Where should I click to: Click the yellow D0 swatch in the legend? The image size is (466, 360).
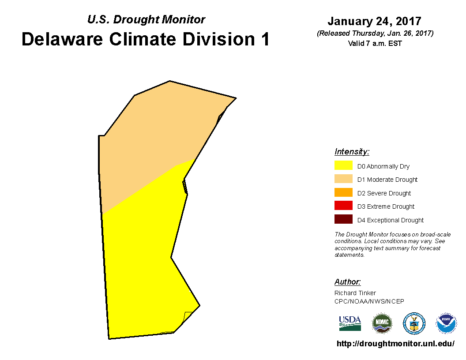pyautogui.click(x=343, y=165)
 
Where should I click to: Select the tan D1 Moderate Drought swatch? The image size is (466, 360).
pyautogui.click(x=343, y=179)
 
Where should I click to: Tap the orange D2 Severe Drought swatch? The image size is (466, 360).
pyautogui.click(x=343, y=192)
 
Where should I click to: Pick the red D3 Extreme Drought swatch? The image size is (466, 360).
pyautogui.click(x=343, y=206)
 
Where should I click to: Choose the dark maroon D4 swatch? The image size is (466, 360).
pyautogui.click(x=343, y=219)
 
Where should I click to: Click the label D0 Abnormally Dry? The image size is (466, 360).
pyautogui.click(x=383, y=166)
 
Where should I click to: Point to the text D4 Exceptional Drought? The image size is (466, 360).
pyautogui.click(x=391, y=220)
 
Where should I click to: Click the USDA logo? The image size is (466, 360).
pyautogui.click(x=350, y=323)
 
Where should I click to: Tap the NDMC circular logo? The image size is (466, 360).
pyautogui.click(x=382, y=323)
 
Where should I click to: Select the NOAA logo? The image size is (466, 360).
pyautogui.click(x=446, y=323)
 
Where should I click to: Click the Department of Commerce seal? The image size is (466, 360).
pyautogui.click(x=414, y=323)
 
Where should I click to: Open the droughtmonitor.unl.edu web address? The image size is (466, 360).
pyautogui.click(x=395, y=344)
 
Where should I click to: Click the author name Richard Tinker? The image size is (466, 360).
pyautogui.click(x=355, y=293)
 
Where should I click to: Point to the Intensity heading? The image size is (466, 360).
pyautogui.click(x=352, y=151)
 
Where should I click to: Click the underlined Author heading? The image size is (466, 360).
pyautogui.click(x=347, y=281)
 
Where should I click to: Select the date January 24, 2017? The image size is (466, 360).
pyautogui.click(x=375, y=21)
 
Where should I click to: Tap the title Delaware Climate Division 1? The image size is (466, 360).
pyautogui.click(x=146, y=39)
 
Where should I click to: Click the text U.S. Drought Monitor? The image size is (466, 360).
pyautogui.click(x=146, y=19)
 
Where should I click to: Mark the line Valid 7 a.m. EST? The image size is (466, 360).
pyautogui.click(x=375, y=43)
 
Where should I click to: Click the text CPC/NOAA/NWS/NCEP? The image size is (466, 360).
pyautogui.click(x=369, y=301)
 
